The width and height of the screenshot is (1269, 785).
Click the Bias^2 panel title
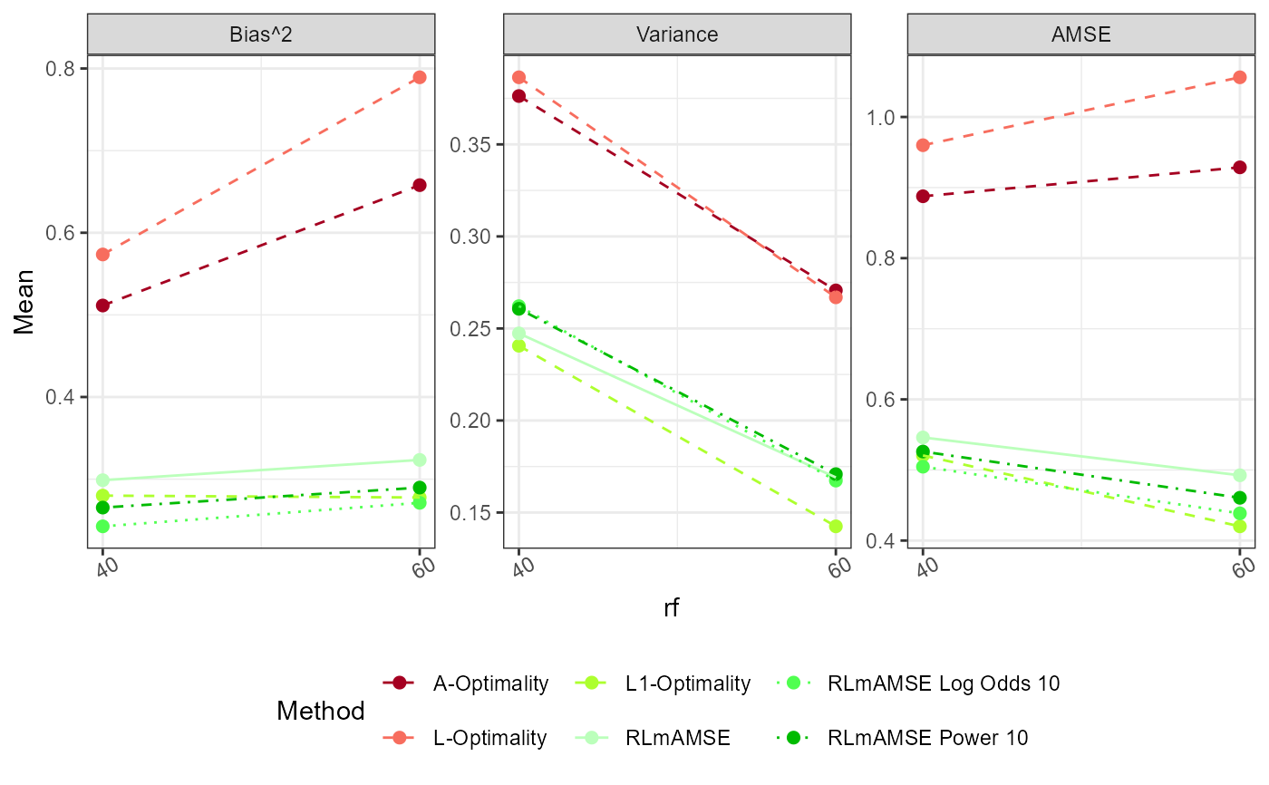261,35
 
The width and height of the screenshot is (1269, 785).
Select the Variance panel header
677,35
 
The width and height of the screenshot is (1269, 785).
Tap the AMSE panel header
1081,35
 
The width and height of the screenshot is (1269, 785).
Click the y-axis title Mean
24,302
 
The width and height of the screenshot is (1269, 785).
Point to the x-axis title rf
672,608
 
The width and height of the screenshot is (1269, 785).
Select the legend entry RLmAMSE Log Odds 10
944,683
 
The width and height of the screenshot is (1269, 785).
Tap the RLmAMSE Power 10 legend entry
928,738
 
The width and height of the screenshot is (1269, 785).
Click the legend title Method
321,712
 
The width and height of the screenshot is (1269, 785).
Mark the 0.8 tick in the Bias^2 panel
66,69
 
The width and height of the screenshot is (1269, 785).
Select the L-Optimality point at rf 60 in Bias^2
420,77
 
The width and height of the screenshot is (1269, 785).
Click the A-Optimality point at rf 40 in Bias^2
103,305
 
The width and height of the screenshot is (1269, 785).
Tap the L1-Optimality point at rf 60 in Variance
836,526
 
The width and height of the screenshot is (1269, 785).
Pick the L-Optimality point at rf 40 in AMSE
923,145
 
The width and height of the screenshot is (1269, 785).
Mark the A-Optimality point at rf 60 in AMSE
1240,167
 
